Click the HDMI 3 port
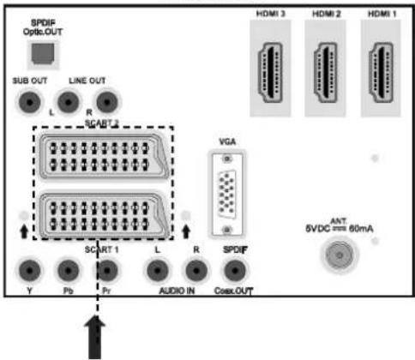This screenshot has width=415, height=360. [270, 72]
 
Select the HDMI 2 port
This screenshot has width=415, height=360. [326, 72]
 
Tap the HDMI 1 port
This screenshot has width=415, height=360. [381, 72]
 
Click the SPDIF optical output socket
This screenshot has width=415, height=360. [43, 54]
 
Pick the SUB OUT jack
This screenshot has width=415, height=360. [29, 102]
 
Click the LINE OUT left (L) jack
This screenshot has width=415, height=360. [68, 102]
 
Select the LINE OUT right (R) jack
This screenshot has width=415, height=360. [107, 102]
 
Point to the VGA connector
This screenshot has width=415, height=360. [227, 195]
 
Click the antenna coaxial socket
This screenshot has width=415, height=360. [340, 255]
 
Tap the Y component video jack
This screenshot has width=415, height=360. [29, 270]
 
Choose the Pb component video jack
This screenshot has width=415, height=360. [68, 270]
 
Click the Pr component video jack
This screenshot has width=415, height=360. [107, 270]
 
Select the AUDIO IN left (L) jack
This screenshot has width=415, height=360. [158, 270]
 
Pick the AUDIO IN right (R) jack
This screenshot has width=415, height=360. [196, 270]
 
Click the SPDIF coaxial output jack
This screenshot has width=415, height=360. [235, 270]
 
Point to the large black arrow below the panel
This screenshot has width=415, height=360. [95, 337]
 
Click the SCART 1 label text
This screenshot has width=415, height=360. [101, 249]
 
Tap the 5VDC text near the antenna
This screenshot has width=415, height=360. [317, 229]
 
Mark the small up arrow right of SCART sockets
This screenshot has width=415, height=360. [186, 231]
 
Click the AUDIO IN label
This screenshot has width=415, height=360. [177, 291]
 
